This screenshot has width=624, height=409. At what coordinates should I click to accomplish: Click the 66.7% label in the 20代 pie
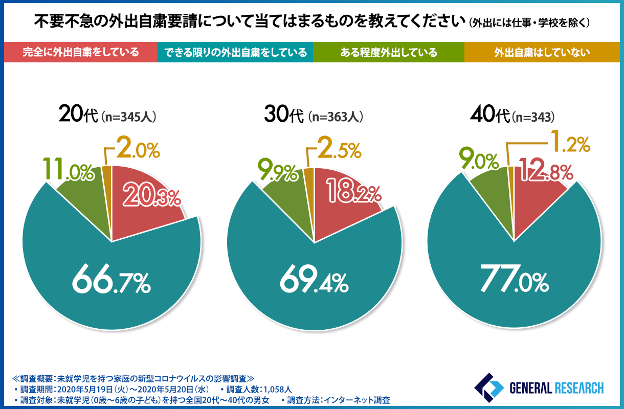(111, 281)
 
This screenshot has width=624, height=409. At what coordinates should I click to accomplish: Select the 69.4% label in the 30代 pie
(314, 281)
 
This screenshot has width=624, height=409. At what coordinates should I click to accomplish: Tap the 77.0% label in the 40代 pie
(513, 281)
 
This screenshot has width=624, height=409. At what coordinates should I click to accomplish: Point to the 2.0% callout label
(138, 148)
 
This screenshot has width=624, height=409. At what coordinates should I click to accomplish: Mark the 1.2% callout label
(569, 144)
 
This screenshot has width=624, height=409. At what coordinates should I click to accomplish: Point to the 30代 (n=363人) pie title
(314, 116)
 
